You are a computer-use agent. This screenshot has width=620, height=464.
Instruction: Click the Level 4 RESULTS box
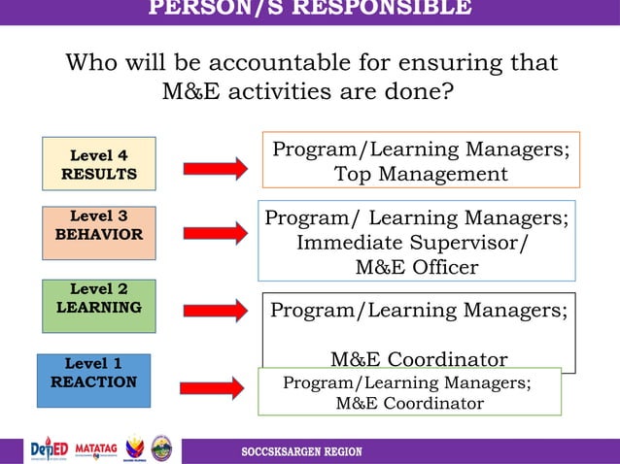click(98, 163)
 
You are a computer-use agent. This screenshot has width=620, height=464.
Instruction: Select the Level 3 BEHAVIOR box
click(98, 232)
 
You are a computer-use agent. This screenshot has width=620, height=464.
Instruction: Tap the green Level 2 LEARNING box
click(98, 306)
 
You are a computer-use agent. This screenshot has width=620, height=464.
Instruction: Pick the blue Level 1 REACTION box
click(93, 380)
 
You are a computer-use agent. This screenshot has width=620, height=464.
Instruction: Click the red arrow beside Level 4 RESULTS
click(215, 169)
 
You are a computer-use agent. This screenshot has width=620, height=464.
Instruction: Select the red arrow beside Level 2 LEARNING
click(215, 311)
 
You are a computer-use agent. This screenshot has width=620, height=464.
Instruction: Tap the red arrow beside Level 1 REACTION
click(213, 388)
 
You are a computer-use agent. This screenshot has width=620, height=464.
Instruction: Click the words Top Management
click(421, 175)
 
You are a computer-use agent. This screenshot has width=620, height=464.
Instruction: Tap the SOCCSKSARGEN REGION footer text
click(301, 452)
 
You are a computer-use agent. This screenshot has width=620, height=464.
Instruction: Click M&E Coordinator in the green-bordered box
click(409, 403)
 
